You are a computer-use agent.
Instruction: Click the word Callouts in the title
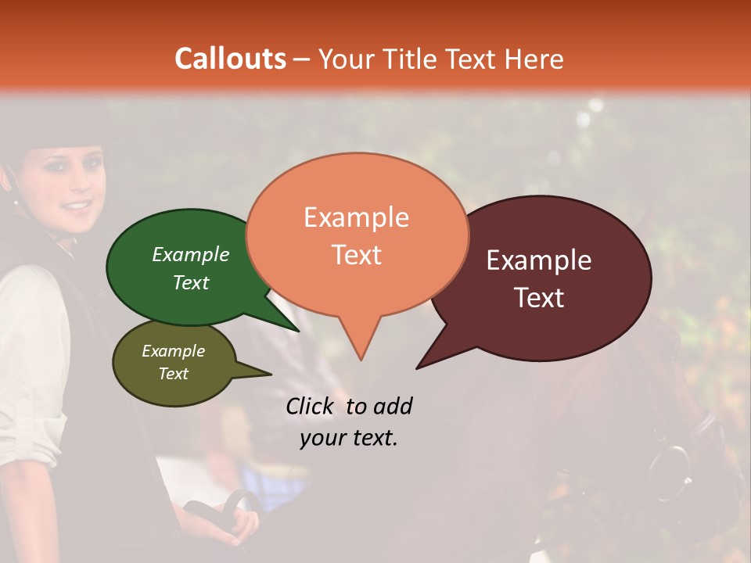(x=231, y=59)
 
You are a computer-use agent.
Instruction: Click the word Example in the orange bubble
(x=356, y=217)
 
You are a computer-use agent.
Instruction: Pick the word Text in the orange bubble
(x=356, y=255)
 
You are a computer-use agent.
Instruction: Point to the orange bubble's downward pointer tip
(x=361, y=359)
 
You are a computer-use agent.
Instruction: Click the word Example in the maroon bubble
(x=539, y=260)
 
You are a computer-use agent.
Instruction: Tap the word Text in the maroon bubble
(x=539, y=297)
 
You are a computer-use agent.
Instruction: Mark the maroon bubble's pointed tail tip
(x=418, y=368)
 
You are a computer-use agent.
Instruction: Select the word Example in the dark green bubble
(x=191, y=254)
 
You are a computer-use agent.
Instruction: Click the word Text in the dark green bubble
(x=191, y=282)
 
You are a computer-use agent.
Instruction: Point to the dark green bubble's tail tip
(x=299, y=331)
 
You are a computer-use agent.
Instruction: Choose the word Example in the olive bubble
(x=174, y=351)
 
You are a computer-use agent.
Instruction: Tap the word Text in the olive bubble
(x=174, y=374)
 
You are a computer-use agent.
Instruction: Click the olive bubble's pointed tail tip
(x=271, y=375)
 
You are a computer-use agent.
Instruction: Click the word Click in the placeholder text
(x=312, y=406)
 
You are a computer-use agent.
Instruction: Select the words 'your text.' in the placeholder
(x=349, y=439)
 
